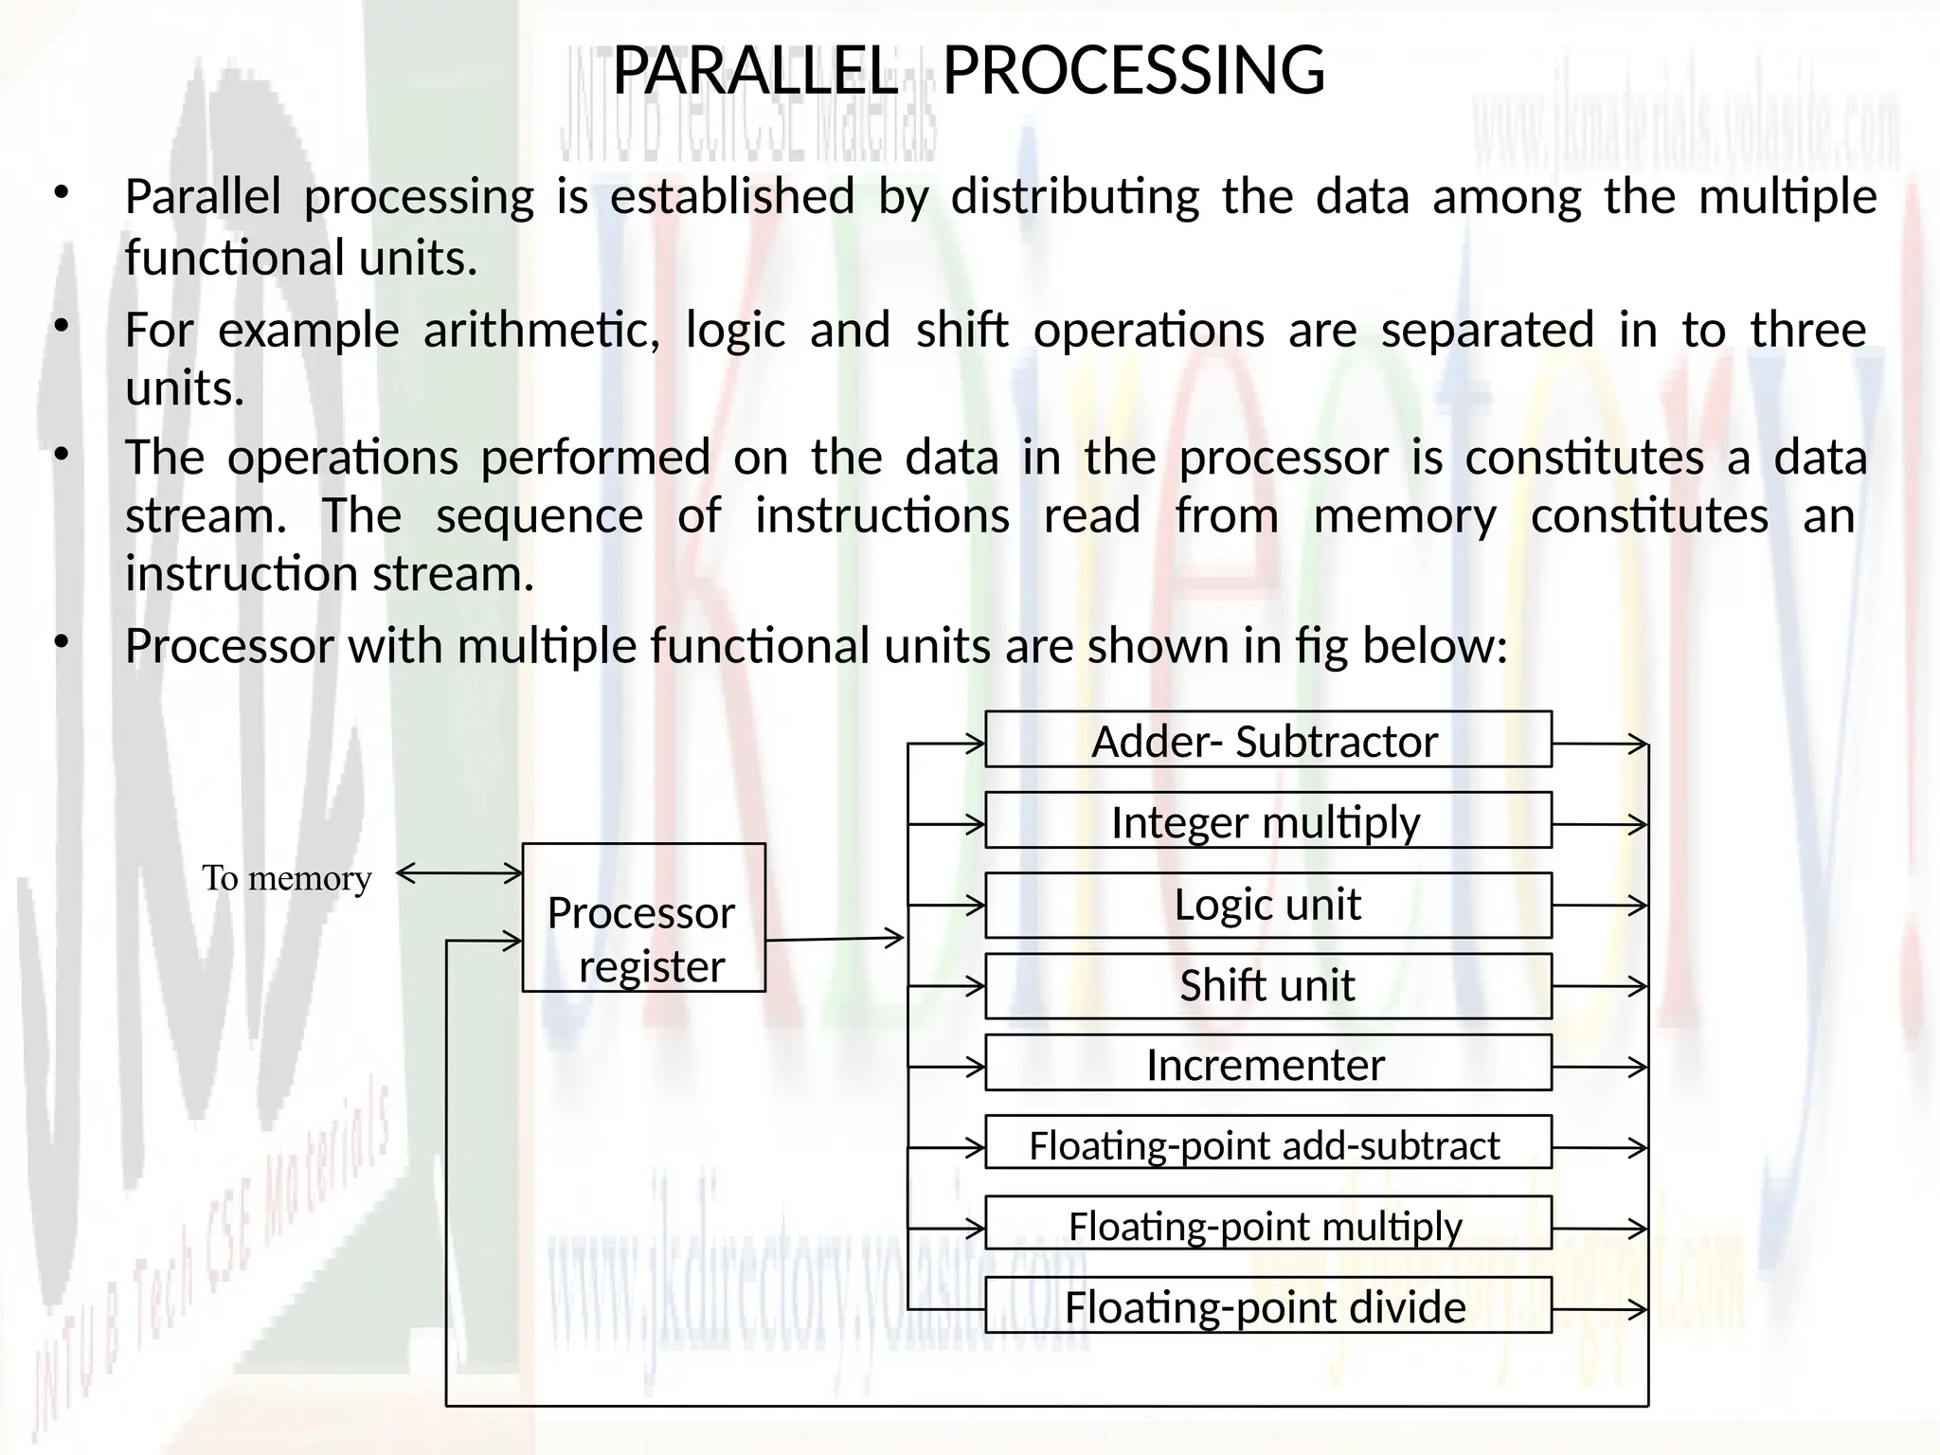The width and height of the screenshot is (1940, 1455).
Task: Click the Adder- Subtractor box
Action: pyautogui.click(x=1267, y=740)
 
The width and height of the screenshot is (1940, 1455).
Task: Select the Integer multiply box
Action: pyautogui.click(x=1267, y=820)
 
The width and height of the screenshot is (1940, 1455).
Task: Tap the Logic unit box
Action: pyautogui.click(x=1267, y=905)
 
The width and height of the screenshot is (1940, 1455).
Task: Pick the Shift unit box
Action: pyautogui.click(x=1267, y=985)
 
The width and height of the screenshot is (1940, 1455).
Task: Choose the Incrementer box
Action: pyautogui.click(x=1267, y=1065)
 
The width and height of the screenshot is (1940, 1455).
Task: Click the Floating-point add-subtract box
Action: pyautogui.click(x=1267, y=1144)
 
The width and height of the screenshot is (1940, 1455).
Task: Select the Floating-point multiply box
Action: pyautogui.click(x=1267, y=1225)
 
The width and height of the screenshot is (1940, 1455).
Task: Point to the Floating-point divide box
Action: pyautogui.click(x=1267, y=1306)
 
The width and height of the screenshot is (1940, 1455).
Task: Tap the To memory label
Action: pyautogui.click(x=286, y=878)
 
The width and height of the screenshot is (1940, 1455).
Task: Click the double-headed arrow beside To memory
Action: pyautogui.click(x=458, y=873)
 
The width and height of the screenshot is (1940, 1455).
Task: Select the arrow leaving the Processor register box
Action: pyautogui.click(x=835, y=940)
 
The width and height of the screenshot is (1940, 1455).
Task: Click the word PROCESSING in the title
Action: pyautogui.click(x=1133, y=71)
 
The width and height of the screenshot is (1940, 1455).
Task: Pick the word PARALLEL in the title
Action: pyautogui.click(x=755, y=71)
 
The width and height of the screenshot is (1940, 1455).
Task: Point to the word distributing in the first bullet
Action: pyautogui.click(x=1075, y=197)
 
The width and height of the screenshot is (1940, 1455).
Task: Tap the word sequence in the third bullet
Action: pyautogui.click(x=539, y=516)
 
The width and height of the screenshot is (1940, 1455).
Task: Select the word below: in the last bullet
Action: pyautogui.click(x=1434, y=646)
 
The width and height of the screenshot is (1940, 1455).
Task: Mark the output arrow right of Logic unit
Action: pyautogui.click(x=1600, y=906)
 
